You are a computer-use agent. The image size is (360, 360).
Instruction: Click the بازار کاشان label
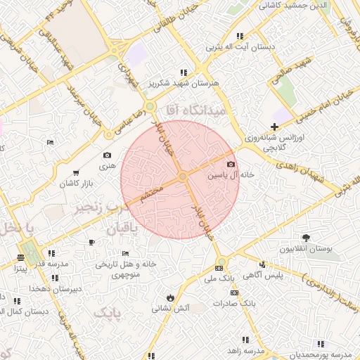click(78, 183)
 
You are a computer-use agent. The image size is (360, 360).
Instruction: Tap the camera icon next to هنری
click(107, 155)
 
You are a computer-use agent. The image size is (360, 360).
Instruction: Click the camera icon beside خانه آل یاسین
click(231, 164)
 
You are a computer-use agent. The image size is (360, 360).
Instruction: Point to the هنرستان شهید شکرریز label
click(184, 83)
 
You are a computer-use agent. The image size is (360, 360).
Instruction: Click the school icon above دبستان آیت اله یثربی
click(240, 36)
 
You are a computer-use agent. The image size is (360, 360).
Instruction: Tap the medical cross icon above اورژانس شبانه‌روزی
click(274, 126)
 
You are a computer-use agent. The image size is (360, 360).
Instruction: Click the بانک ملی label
click(219, 279)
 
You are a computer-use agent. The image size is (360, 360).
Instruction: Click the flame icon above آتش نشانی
click(170, 296)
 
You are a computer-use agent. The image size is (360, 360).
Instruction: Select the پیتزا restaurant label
click(21, 268)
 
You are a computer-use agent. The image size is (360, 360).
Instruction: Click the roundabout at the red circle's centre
click(181, 176)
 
